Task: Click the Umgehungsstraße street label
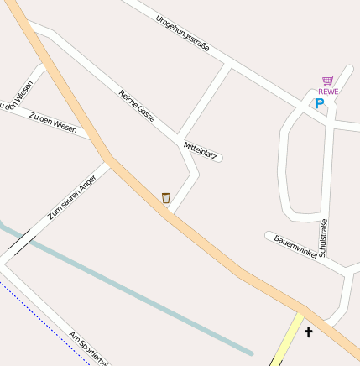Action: coord(182,32)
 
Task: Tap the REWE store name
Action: coord(328,91)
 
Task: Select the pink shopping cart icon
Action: coord(328,81)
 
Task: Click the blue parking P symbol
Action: coord(319,104)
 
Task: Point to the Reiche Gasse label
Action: coord(137,106)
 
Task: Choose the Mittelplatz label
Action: coord(201,150)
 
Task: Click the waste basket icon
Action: coord(166,198)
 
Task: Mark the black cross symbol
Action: coord(308,332)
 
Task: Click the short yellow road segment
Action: coord(288,339)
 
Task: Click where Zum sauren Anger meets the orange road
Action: coord(111,161)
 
